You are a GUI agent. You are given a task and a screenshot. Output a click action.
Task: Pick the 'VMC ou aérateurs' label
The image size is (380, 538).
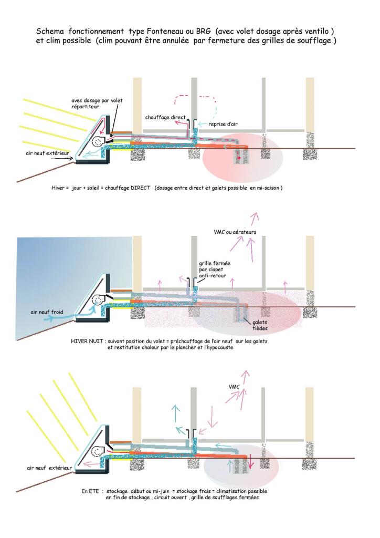235,232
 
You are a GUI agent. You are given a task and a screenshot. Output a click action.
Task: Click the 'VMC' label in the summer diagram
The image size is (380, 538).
235,387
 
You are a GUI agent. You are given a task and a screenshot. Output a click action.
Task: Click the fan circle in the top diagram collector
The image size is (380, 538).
98,142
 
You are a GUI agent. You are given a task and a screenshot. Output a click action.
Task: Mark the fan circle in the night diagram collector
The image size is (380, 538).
98,300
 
